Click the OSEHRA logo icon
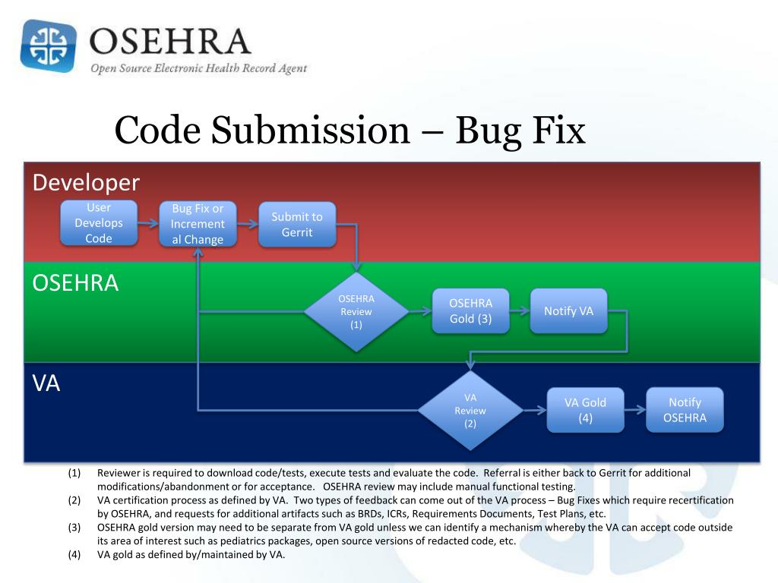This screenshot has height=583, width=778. click(x=49, y=46)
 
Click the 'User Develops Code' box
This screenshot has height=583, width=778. click(x=99, y=222)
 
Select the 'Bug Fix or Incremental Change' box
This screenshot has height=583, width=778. click(x=198, y=224)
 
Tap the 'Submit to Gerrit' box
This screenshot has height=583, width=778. click(x=297, y=224)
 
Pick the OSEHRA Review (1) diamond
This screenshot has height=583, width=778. click(x=356, y=311)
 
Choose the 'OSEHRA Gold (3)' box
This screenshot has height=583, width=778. click(x=471, y=310)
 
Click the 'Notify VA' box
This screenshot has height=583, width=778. click(x=568, y=310)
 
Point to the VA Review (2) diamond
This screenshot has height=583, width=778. click(x=470, y=411)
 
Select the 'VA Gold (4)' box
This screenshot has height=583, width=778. click(x=586, y=410)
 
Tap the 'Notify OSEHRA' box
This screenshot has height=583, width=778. click(x=685, y=410)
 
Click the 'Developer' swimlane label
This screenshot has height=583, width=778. click(x=86, y=183)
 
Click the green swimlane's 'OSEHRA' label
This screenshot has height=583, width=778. click(x=75, y=283)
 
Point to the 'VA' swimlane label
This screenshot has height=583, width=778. click(x=46, y=383)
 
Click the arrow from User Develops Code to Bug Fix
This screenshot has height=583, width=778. click(x=148, y=223)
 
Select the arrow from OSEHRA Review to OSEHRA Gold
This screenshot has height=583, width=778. click(x=419, y=310)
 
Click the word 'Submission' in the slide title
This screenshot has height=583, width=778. click(x=310, y=130)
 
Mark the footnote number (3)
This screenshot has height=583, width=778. click(x=74, y=528)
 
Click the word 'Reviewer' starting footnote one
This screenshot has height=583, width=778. click(x=119, y=473)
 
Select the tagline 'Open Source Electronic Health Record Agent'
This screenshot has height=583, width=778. click(x=199, y=68)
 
